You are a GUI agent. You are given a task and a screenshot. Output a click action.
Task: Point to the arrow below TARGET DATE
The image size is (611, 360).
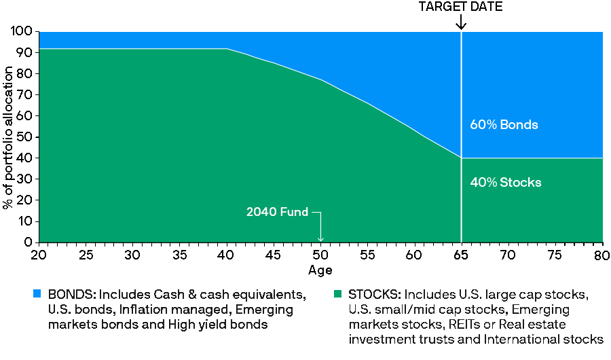coord(461,22)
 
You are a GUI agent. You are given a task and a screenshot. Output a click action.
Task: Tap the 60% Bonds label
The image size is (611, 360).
coord(504,125)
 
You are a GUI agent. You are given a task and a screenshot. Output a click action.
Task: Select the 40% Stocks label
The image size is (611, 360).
coord(505,183)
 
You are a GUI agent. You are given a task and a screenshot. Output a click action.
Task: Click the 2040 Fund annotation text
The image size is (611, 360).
coord(277,212)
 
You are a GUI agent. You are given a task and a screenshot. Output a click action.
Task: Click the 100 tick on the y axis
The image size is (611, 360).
coord(23,32)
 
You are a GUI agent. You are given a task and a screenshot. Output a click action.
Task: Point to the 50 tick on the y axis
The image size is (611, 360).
coord(26,137)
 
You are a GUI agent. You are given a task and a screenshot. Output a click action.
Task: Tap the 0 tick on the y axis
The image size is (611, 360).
coord(29,242)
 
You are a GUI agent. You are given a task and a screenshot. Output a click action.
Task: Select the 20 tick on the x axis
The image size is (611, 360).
coord(39,254)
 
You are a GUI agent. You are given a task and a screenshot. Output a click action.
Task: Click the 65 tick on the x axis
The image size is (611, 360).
coord(461,254)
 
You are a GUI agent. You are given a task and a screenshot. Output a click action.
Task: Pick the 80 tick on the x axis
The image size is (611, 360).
coord(602,254)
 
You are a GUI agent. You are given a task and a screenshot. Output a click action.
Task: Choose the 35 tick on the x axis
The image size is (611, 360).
coord(180,254)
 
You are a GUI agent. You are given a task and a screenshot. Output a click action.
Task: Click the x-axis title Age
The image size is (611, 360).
coord(320,270)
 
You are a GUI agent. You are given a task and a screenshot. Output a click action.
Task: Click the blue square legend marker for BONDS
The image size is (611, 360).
coord(37,294)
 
